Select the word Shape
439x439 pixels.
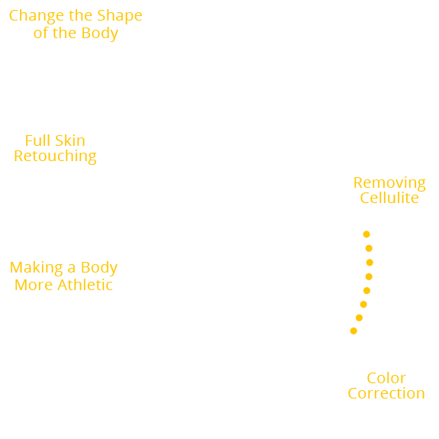click(119, 16)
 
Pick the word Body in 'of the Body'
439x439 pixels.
click(98, 33)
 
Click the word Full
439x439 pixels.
click(38, 141)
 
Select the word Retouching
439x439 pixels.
click(55, 157)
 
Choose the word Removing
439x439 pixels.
click(389, 183)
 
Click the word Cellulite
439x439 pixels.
click(389, 198)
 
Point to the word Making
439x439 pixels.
click(36, 268)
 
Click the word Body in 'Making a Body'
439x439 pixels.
click(98, 268)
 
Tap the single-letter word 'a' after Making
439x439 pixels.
click(71, 269)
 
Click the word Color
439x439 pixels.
click(386, 379)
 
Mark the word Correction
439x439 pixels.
click(386, 393)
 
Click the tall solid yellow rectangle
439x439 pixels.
click(361, 282)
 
